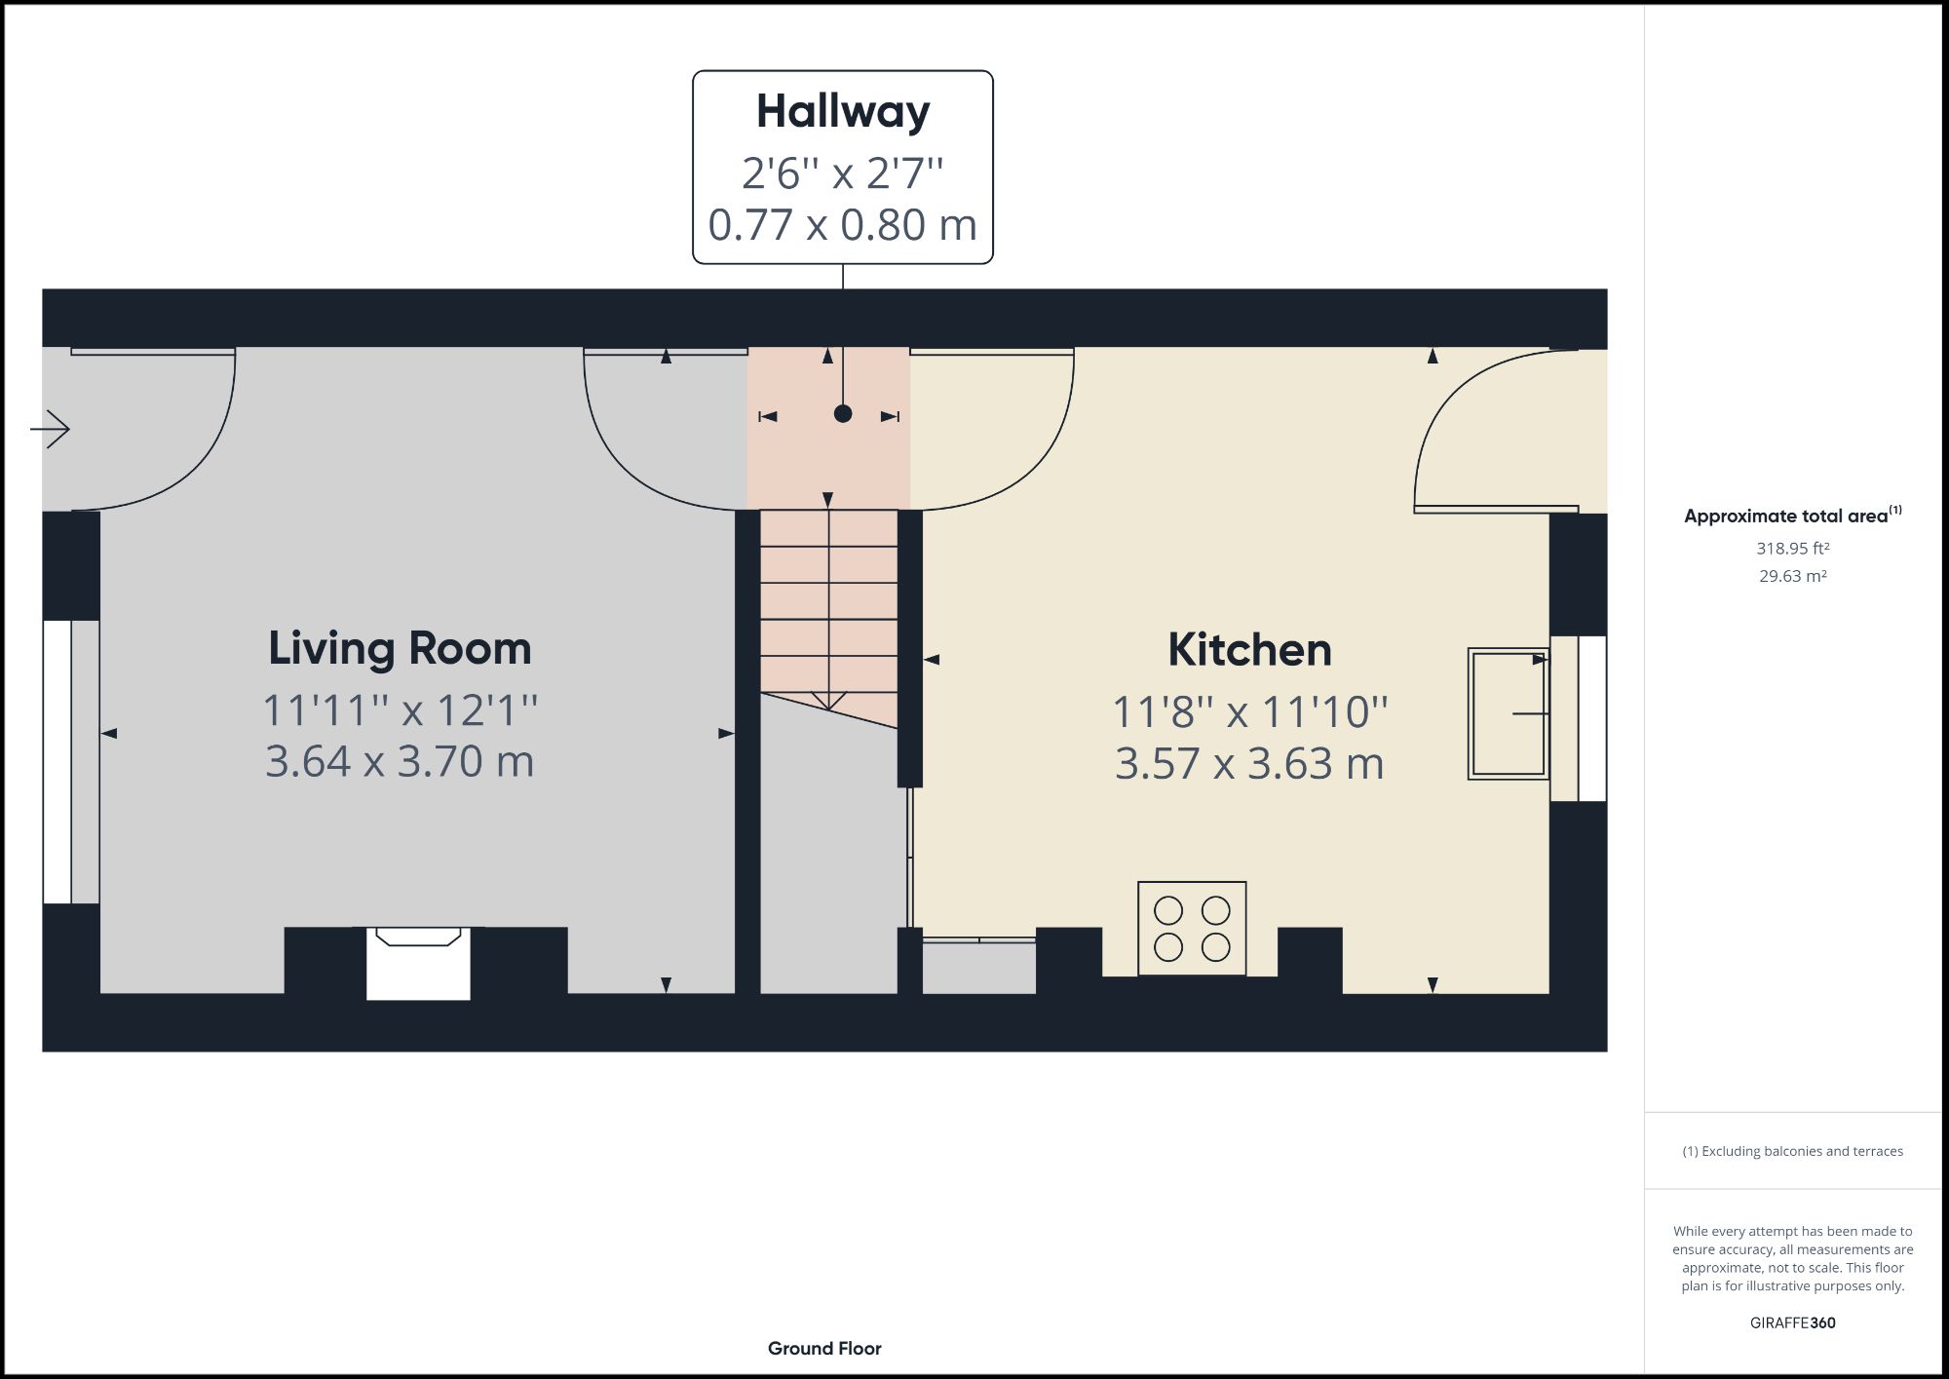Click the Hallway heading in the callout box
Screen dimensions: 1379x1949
pos(842,111)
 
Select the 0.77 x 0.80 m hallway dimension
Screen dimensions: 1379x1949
pos(842,225)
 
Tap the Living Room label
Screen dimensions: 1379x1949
pos(400,648)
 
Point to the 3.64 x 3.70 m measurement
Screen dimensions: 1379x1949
pos(400,761)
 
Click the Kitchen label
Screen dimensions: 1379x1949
pos(1249,650)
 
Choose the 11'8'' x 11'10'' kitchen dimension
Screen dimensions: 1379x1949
pos(1249,711)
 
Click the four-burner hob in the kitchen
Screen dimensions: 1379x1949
pos(1192,928)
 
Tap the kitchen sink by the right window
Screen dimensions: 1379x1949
pos(1508,713)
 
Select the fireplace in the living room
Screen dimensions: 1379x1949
pos(418,962)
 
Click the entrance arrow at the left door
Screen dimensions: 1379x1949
pos(51,428)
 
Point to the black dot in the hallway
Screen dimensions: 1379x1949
pos(843,413)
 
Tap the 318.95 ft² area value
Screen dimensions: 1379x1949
pos(1792,549)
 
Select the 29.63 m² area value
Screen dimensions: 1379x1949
pos(1792,576)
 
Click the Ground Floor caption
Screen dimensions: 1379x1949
pos(824,1348)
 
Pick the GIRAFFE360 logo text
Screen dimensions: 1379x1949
pos(1792,1322)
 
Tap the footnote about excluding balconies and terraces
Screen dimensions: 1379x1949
pos(1792,1151)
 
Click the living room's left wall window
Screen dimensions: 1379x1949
pos(57,761)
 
